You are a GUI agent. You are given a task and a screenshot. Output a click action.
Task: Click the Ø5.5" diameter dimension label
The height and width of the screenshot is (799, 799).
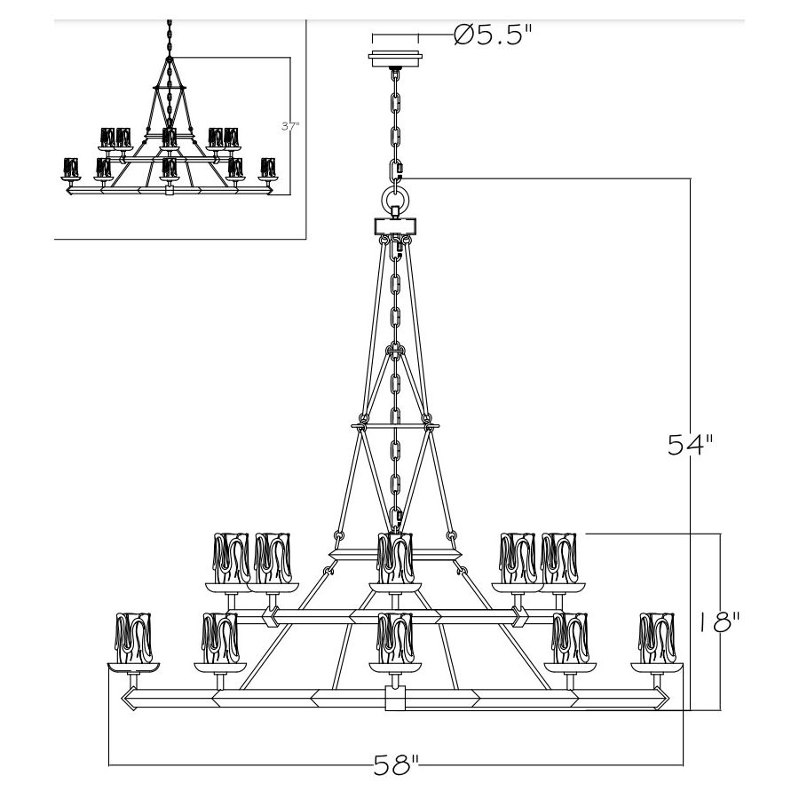[x=492, y=35]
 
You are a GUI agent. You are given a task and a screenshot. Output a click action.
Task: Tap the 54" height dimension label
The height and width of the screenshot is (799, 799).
[x=691, y=445]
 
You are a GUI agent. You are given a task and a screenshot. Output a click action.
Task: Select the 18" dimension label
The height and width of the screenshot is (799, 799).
[x=718, y=622]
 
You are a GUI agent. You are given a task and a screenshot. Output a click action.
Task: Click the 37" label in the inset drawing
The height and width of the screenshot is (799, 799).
[x=290, y=126]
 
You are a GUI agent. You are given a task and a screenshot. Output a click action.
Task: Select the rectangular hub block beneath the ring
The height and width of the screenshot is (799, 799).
[x=395, y=225]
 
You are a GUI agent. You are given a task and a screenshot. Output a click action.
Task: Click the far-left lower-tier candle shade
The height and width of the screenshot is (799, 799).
[x=133, y=637]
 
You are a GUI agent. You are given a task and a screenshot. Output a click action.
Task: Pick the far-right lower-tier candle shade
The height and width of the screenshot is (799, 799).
[x=657, y=637]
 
